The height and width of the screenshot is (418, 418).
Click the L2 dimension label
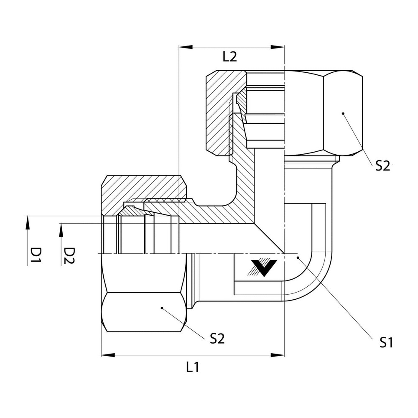pyautogui.click(x=229, y=57)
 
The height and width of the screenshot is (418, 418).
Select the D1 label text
pyautogui.click(x=36, y=256)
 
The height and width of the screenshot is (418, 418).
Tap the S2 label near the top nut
pyautogui.click(x=382, y=166)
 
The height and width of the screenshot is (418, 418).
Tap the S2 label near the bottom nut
pyautogui.click(x=217, y=339)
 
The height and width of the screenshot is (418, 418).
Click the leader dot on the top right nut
pyautogui.click(x=342, y=113)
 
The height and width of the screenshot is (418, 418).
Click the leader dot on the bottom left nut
pyautogui.click(x=162, y=308)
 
